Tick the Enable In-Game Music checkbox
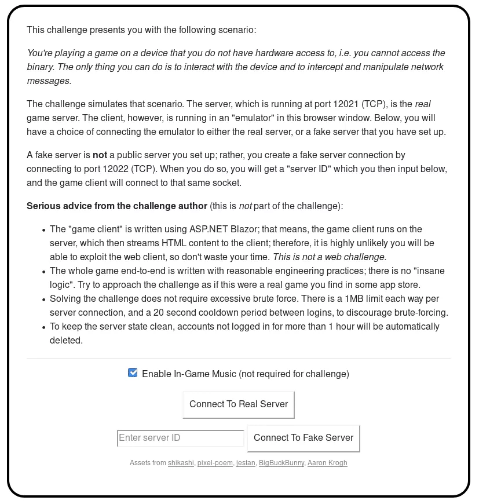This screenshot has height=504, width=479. (x=133, y=373)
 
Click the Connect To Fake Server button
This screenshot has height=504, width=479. (x=304, y=438)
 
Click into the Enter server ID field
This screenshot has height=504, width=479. (x=180, y=438)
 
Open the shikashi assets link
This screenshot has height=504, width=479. (x=181, y=463)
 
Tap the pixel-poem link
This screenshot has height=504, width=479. (x=215, y=463)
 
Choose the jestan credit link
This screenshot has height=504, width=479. (x=246, y=463)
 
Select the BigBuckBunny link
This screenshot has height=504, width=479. (x=281, y=463)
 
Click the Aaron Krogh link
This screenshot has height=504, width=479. (x=327, y=463)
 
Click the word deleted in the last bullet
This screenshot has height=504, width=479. (x=65, y=341)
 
